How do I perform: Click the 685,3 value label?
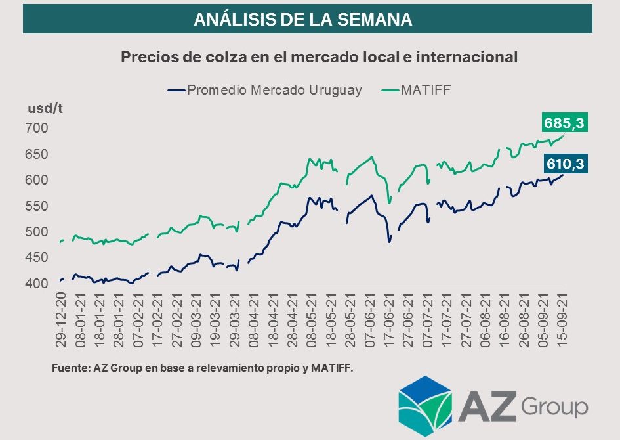pyautogui.click(x=564, y=123)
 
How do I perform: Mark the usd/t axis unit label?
pyautogui.click(x=45, y=108)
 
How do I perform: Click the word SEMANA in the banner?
pyautogui.click(x=374, y=20)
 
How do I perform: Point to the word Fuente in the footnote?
pyautogui.click(x=68, y=369)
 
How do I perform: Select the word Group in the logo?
pyautogui.click(x=555, y=407)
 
